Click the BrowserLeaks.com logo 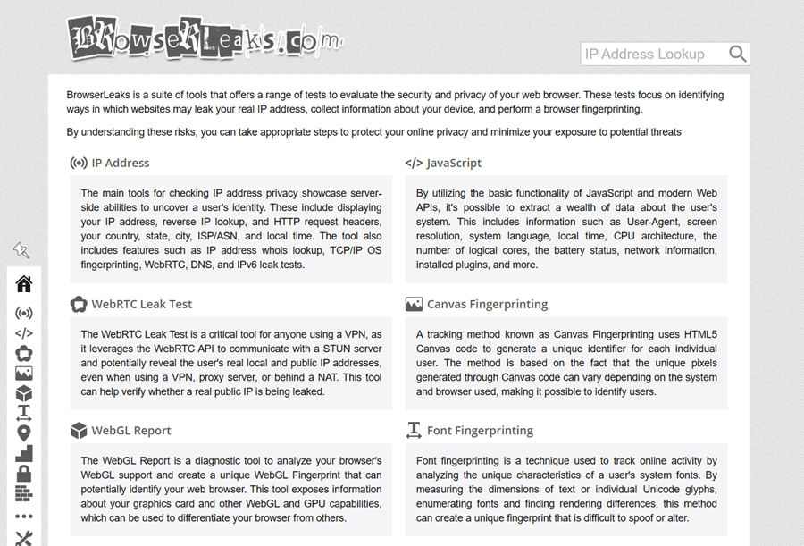[x=204, y=38]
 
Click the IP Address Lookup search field [x=651, y=54]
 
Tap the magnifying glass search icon [x=737, y=54]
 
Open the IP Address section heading [x=120, y=163]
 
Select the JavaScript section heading [x=454, y=163]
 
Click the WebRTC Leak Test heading [x=141, y=304]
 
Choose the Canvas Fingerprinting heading [x=487, y=304]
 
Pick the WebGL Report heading [x=130, y=430]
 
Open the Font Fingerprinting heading [x=480, y=430]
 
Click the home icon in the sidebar [x=24, y=284]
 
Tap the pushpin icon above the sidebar [x=21, y=250]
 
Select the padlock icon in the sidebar [x=24, y=474]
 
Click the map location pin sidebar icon [x=24, y=433]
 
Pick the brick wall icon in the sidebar [x=24, y=493]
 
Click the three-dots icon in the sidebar [x=24, y=516]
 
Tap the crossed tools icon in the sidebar [x=24, y=538]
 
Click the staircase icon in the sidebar [x=24, y=453]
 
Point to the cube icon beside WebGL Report [x=79, y=430]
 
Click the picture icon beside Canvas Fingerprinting [x=414, y=304]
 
